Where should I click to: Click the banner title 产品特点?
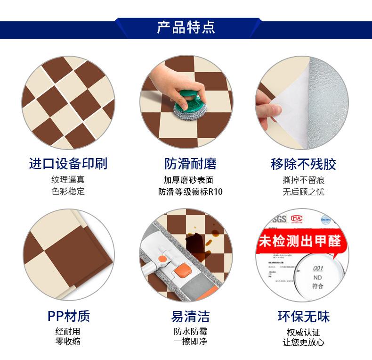click(x=186, y=27)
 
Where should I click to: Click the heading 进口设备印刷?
click(x=68, y=164)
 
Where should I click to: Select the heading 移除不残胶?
click(x=303, y=164)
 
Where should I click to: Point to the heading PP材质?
click(x=68, y=316)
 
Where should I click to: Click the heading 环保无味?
click(x=303, y=316)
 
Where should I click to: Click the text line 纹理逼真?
click(x=68, y=180)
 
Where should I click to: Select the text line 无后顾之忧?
click(x=303, y=192)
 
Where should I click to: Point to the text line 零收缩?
click(x=68, y=341)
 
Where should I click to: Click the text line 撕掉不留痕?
click(x=303, y=180)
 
